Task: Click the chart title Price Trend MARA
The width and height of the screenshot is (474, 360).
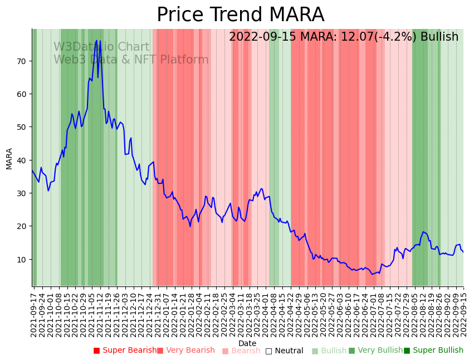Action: pyautogui.click(x=240, y=15)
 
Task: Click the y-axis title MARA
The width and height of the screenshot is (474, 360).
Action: pyautogui.click(x=9, y=158)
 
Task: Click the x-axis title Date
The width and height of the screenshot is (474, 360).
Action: pyautogui.click(x=247, y=343)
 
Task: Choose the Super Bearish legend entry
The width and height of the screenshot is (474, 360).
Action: pyautogui.click(x=125, y=351)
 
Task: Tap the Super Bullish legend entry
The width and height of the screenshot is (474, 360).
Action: pyautogui.click(x=433, y=351)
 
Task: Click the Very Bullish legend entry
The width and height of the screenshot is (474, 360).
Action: pyautogui.click(x=375, y=351)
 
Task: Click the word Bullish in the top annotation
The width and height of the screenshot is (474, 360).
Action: pyautogui.click(x=439, y=37)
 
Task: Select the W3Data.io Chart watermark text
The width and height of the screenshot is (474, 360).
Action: pyautogui.click(x=101, y=47)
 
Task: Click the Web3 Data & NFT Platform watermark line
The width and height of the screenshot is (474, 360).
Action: pyautogui.click(x=131, y=60)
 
